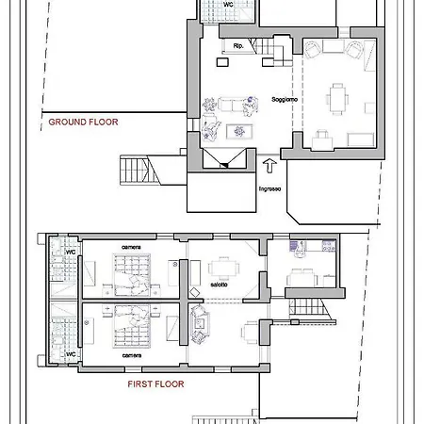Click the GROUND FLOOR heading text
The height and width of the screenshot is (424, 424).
(83, 122)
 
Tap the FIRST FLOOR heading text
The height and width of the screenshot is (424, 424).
(155, 383)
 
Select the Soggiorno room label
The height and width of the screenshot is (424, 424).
(285, 100)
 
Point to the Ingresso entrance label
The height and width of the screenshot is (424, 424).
(269, 188)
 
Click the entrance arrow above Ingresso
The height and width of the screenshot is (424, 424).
(269, 166)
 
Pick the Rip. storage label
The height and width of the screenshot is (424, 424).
(238, 46)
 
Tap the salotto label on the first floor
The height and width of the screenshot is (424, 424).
(219, 285)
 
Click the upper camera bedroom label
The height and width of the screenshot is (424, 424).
(131, 247)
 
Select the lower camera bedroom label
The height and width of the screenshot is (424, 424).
(132, 355)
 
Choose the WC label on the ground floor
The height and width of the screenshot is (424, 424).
(228, 5)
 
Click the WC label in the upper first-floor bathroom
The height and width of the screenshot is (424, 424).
(71, 252)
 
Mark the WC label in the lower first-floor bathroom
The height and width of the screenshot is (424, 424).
(71, 354)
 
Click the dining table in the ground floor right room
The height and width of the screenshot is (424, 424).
(337, 99)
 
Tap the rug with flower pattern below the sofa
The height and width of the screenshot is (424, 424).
(239, 132)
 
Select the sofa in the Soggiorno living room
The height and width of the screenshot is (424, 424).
(231, 105)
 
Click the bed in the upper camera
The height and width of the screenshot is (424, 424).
(132, 275)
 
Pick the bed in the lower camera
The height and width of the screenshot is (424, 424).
(132, 326)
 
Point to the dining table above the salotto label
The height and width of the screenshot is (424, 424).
(224, 269)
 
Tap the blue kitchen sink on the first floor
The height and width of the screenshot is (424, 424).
(294, 246)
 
